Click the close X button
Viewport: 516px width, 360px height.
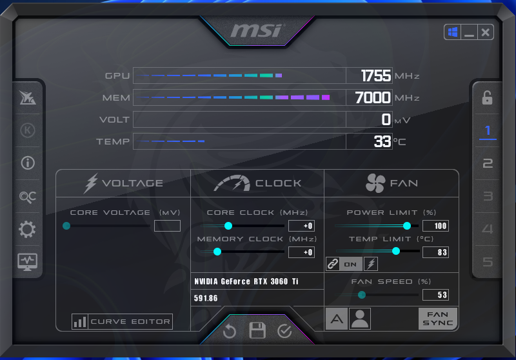point(486,32)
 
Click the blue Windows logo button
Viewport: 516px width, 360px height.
point(453,32)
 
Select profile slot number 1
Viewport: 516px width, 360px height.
point(488,130)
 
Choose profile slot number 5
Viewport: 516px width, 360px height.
point(488,262)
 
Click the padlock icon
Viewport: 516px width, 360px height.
point(488,97)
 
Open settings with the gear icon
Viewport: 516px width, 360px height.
point(27,229)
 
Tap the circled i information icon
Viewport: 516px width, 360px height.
point(28,163)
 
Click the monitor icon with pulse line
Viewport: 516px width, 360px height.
point(27,262)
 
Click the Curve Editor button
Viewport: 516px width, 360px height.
point(122,321)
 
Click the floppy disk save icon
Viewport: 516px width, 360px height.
point(257,330)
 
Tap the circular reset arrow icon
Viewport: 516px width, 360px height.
point(230,331)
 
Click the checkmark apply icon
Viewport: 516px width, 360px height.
point(284,331)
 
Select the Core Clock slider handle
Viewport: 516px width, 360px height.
point(228,226)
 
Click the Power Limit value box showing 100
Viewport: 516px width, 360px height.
point(436,226)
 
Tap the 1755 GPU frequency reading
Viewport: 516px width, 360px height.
point(376,75)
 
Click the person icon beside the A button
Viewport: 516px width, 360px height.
point(360,319)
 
